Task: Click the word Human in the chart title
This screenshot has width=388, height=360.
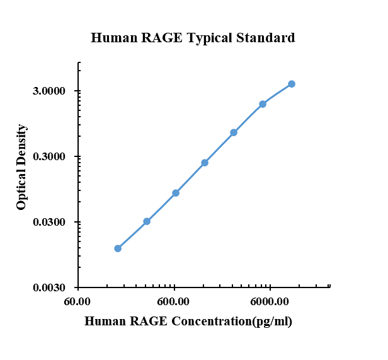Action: tap(111, 38)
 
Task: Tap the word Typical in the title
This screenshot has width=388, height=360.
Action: tap(208, 38)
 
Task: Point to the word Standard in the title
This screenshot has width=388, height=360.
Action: tap(265, 38)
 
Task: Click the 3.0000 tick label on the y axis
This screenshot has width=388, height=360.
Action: tap(48, 91)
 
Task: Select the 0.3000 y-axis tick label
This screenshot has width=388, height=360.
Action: tap(48, 157)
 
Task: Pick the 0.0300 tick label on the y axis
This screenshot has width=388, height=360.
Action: tap(48, 223)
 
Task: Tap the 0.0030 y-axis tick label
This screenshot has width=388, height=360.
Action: tap(48, 288)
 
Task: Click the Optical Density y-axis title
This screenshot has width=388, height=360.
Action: tap(22, 167)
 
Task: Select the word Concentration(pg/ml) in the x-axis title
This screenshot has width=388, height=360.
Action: tap(230, 322)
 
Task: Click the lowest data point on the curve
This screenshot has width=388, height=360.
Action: tap(118, 248)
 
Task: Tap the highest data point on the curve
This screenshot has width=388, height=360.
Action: tap(292, 84)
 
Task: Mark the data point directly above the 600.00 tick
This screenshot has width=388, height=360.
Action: tap(176, 193)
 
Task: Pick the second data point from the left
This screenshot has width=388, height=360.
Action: tap(147, 221)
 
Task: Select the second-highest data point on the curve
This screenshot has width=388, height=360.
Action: tap(263, 104)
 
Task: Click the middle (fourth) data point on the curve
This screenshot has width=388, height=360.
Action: tap(205, 163)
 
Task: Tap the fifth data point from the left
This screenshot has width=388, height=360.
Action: tap(234, 132)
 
